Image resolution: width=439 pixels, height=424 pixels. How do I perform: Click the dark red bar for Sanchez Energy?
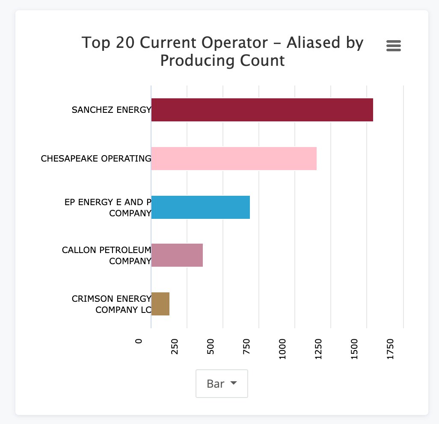[262, 110]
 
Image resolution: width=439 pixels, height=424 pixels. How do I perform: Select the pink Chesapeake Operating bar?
[234, 159]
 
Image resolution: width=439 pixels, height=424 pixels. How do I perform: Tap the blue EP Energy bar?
[200, 207]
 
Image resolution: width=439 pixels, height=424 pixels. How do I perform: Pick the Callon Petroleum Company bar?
[177, 256]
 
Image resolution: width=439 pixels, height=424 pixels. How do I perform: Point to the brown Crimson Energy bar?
[160, 304]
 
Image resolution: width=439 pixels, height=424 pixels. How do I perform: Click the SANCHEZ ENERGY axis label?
[111, 110]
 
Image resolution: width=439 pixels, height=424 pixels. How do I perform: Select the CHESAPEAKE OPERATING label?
[96, 159]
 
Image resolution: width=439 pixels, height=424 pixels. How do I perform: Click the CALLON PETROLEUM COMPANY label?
[107, 256]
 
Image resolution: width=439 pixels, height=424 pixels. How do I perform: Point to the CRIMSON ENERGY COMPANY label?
[111, 304]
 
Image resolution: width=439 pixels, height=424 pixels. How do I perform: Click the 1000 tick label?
[282, 348]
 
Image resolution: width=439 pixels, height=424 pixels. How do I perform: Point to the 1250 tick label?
[318, 348]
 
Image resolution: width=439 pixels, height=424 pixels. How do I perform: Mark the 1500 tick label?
[354, 348]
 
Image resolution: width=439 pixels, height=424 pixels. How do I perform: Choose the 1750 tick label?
[390, 348]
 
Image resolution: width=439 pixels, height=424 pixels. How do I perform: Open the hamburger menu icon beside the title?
[393, 46]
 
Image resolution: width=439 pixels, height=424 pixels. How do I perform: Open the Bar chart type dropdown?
[222, 383]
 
